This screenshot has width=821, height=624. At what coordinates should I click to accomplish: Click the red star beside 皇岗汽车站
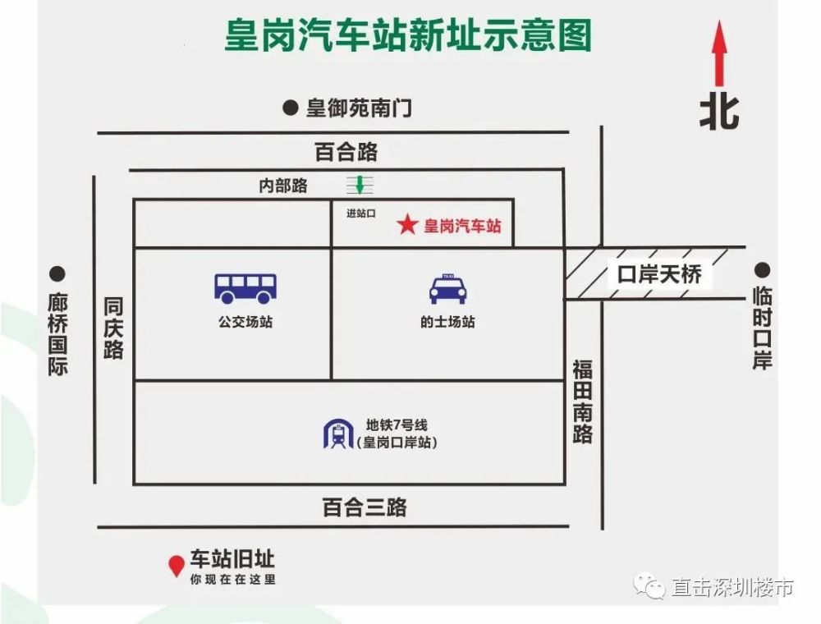tap(407, 225)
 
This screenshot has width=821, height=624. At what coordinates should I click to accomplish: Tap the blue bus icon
tap(245, 287)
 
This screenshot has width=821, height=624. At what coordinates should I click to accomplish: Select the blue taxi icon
tap(447, 289)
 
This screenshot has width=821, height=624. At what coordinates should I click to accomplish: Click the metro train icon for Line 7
tap(337, 434)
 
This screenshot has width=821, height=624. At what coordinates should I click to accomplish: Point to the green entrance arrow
tap(359, 185)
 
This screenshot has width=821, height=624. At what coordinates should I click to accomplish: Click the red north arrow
tap(720, 53)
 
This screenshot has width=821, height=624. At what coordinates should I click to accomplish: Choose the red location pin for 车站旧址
tap(176, 566)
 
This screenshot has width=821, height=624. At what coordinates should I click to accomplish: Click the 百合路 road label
tap(346, 152)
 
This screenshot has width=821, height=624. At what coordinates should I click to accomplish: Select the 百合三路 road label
tap(364, 507)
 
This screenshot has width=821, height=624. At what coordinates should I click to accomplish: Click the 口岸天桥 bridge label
tap(659, 274)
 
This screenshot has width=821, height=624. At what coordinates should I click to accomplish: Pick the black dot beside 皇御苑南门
tap(289, 107)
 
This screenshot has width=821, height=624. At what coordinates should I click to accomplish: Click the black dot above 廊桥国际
tap(57, 273)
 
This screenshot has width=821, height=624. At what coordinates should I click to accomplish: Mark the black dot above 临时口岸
tap(763, 268)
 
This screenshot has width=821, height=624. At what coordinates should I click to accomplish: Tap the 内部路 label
tap(283, 186)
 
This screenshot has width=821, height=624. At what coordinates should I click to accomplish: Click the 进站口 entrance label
tap(360, 213)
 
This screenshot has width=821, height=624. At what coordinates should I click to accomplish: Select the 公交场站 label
tap(245, 322)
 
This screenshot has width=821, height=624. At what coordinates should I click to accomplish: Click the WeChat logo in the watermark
tap(653, 586)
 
